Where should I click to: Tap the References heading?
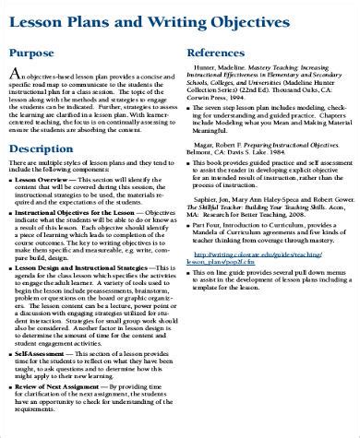coord(215,53)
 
